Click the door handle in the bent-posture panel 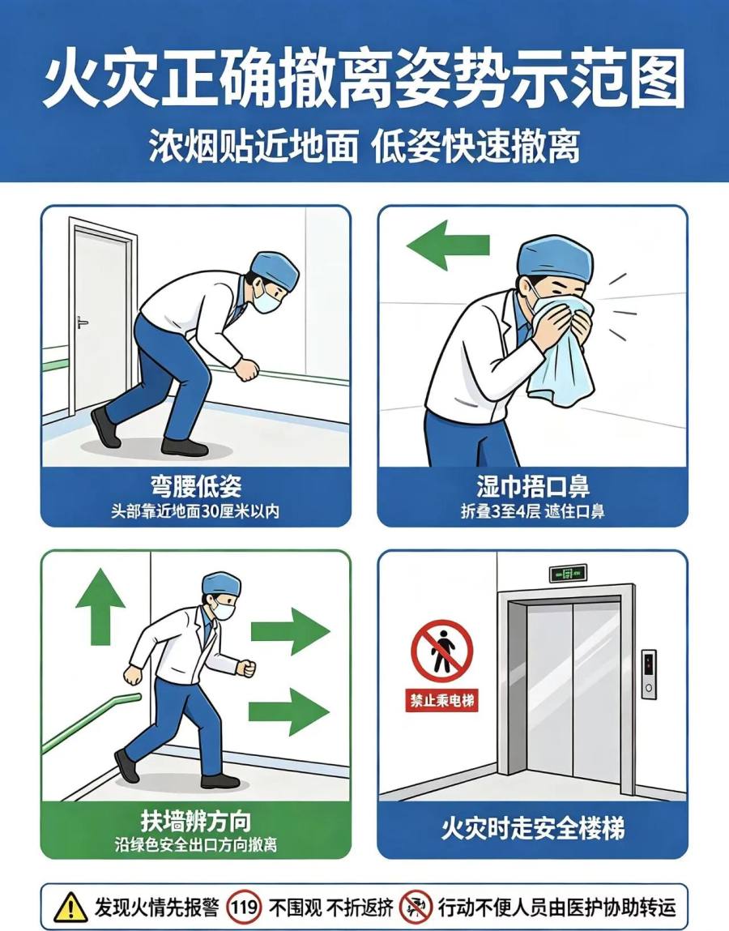pyautogui.click(x=82, y=323)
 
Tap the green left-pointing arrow pyautogui.click(x=448, y=246)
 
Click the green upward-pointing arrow pyautogui.click(x=100, y=606)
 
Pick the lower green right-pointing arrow pyautogui.click(x=288, y=711)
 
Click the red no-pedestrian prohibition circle pyautogui.click(x=442, y=651)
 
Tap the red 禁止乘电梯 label pyautogui.click(x=441, y=701)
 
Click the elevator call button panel pyautogui.click(x=649, y=674)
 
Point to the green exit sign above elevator pyautogui.click(x=568, y=573)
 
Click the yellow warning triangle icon pyautogui.click(x=70, y=907)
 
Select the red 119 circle pyautogui.click(x=244, y=907)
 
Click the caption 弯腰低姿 pyautogui.click(x=196, y=486)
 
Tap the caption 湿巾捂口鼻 pyautogui.click(x=532, y=486)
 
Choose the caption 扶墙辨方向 pyautogui.click(x=196, y=821)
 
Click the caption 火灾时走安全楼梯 pyautogui.click(x=532, y=828)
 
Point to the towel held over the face pyautogui.click(x=561, y=350)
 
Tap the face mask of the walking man pyautogui.click(x=224, y=609)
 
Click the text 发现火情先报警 pyautogui.click(x=156, y=908)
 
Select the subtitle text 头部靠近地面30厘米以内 pyautogui.click(x=195, y=511)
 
